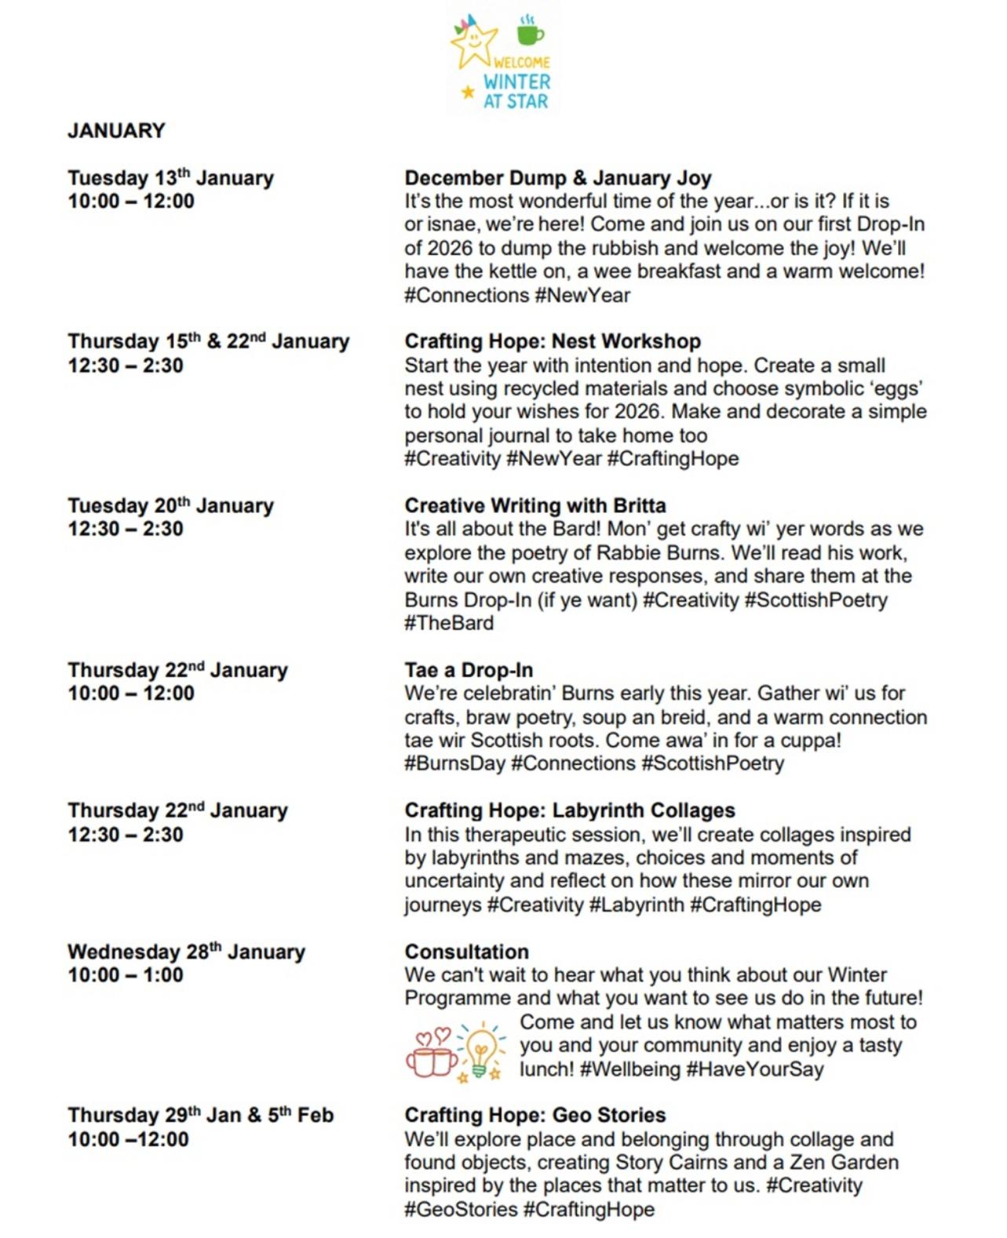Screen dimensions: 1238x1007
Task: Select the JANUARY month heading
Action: pyautogui.click(x=116, y=130)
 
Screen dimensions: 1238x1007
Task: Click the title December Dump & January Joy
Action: pyautogui.click(x=557, y=178)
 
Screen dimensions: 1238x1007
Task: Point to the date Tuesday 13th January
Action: pyautogui.click(x=170, y=178)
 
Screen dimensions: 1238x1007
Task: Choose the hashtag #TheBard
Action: pyautogui.click(x=449, y=624)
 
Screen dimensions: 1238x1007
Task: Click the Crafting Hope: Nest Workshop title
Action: pyautogui.click(x=553, y=341)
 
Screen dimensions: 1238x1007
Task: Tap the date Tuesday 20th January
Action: pyautogui.click(x=170, y=506)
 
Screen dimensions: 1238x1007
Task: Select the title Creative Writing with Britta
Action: pyautogui.click(x=535, y=506)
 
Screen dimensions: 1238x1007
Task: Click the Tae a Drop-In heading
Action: pyautogui.click(x=469, y=671)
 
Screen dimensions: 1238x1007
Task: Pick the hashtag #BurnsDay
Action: pyautogui.click(x=454, y=763)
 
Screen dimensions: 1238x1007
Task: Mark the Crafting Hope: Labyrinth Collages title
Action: pyautogui.click(x=570, y=810)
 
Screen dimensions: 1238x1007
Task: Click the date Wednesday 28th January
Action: pyautogui.click(x=186, y=952)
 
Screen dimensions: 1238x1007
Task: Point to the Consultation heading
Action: pyautogui.click(x=466, y=952)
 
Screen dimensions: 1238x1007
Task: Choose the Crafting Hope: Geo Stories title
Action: pyautogui.click(x=535, y=1116)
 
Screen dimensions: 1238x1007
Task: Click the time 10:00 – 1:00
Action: pyautogui.click(x=126, y=975)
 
